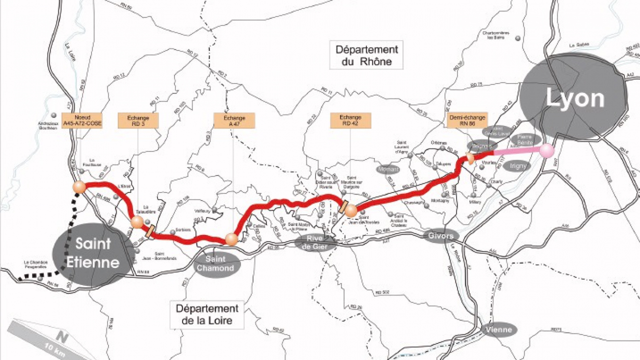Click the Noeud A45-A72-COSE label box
pyautogui.click(x=82, y=120)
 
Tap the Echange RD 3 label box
pyautogui.click(x=138, y=120)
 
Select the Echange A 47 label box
pyautogui.click(x=234, y=120)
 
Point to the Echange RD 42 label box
pyautogui.click(x=350, y=120)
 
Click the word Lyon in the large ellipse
pyautogui.click(x=575, y=98)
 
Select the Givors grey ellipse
pyautogui.click(x=441, y=235)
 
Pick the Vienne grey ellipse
pyautogui.click(x=498, y=329)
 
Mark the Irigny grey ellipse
pyautogui.click(x=517, y=165)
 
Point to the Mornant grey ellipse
pyautogui.click(x=388, y=169)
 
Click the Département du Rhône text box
pyautogui.click(x=366, y=55)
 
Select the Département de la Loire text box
pyautogui.click(x=206, y=314)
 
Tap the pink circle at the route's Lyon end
pyautogui.click(x=546, y=149)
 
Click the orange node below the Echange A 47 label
pyautogui.click(x=231, y=239)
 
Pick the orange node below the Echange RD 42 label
pyautogui.click(x=350, y=211)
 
